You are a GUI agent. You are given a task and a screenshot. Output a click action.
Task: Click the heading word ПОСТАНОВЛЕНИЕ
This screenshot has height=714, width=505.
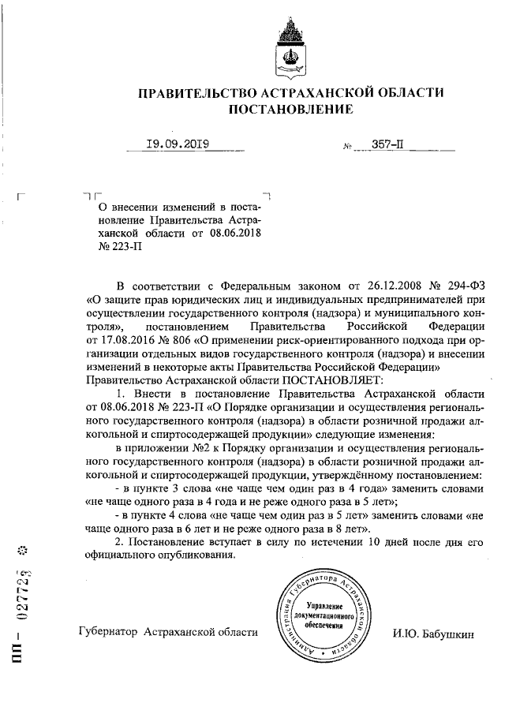(290, 110)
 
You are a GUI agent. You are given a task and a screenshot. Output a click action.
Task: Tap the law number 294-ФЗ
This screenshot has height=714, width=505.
(454, 285)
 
